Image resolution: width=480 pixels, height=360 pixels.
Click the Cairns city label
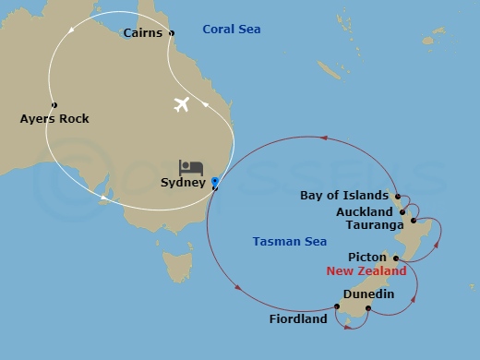tap(143, 33)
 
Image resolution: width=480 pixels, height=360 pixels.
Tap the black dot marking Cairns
tap(172, 33)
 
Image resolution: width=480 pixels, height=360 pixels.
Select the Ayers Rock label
tap(54, 119)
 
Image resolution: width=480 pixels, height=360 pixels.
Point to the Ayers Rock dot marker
tap(54, 104)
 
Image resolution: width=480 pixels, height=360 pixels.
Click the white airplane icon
tap(181, 104)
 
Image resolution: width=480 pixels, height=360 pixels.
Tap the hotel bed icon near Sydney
tap(191, 167)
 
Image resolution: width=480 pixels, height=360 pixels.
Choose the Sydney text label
tap(182, 183)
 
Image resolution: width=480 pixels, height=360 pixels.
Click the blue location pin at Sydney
tap(214, 182)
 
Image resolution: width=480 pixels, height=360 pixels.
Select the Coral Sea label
tap(233, 30)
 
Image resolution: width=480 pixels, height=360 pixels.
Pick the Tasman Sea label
tap(290, 242)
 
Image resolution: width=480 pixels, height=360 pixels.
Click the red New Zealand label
tap(366, 271)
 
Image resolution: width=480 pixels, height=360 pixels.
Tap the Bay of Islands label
tap(343, 196)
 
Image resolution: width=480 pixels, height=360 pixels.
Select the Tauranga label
tap(374, 224)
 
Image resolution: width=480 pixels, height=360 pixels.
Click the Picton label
tap(366, 257)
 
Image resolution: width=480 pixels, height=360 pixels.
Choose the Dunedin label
tap(368, 294)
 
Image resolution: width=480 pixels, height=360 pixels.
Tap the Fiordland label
tap(298, 319)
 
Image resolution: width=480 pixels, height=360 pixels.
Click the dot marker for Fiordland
tap(337, 307)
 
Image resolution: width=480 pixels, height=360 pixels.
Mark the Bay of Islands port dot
tap(397, 197)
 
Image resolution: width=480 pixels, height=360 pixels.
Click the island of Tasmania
tap(176, 267)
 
